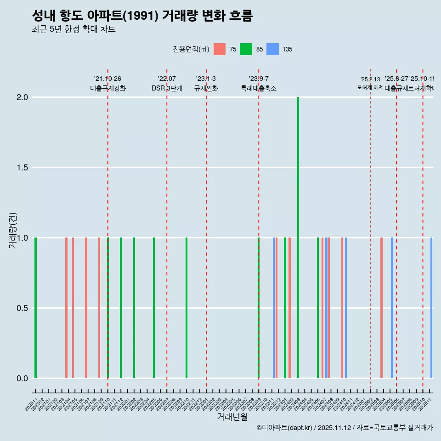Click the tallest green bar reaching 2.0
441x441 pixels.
pyautogui.click(x=298, y=237)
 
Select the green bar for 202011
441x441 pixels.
pyautogui.click(x=35, y=308)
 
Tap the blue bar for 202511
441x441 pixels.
pyautogui.click(x=431, y=308)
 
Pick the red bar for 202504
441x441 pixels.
pyautogui.click(x=381, y=308)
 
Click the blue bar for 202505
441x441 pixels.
pyautogui.click(x=392, y=308)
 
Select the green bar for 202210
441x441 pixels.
pyautogui.click(x=187, y=308)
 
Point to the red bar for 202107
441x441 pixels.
pyautogui.click(x=86, y=308)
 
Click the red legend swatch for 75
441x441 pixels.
pyautogui.click(x=220, y=49)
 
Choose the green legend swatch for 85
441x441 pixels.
pyautogui.click(x=246, y=49)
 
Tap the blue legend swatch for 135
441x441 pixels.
pyautogui.click(x=272, y=49)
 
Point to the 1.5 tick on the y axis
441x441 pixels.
pyautogui.click(x=22, y=168)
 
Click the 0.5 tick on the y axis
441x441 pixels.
pyautogui.click(x=22, y=308)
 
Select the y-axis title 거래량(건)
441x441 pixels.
pyautogui.click(x=12, y=231)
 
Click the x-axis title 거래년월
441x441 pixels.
pyautogui.click(x=232, y=417)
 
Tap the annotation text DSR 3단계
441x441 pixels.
pyautogui.click(x=167, y=88)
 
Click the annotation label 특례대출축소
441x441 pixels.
pyautogui.click(x=259, y=88)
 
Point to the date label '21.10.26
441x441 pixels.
pyautogui.click(x=107, y=79)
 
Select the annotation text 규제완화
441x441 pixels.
pyautogui.click(x=206, y=88)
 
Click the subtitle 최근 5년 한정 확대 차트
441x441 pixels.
pyautogui.click(x=73, y=29)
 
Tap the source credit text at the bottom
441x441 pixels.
pyautogui.click(x=345, y=428)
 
